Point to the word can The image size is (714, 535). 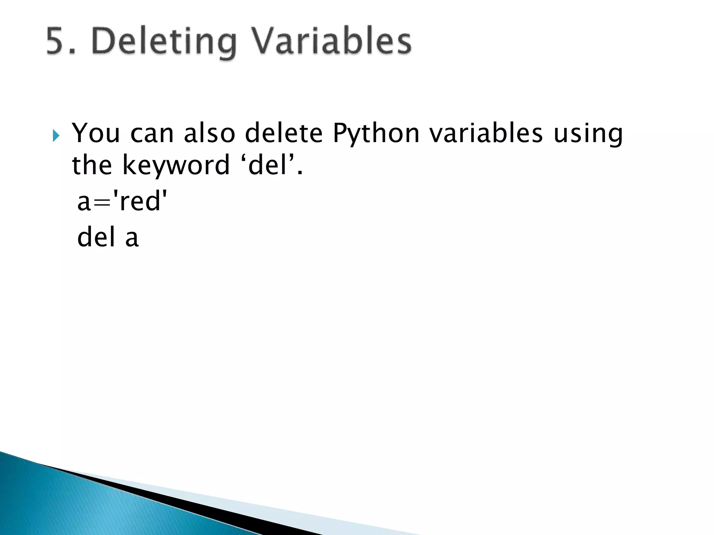[x=152, y=133]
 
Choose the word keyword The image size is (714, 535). [x=176, y=166]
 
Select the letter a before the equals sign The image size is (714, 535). [x=84, y=203]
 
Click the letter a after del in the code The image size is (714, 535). [x=132, y=238]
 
